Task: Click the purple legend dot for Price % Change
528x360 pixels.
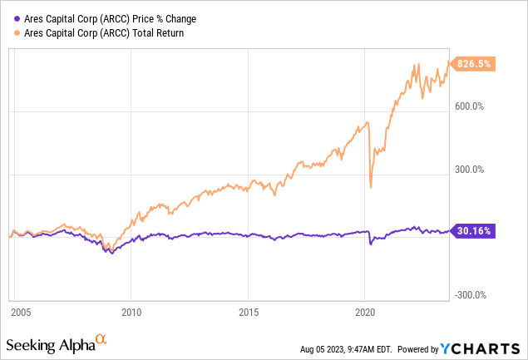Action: point(17,17)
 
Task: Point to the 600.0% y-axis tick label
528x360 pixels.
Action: point(469,106)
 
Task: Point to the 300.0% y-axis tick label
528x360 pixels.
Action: point(469,170)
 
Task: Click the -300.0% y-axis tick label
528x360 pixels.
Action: point(467,294)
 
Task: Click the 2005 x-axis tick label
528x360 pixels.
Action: point(21,313)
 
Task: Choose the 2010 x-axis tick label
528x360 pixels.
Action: point(131,313)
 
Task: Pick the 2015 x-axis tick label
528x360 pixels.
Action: point(248,313)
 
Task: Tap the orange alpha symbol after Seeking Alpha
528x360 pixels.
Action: point(101,339)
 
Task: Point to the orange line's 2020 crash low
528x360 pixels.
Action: point(371,187)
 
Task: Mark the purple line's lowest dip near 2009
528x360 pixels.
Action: point(111,252)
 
